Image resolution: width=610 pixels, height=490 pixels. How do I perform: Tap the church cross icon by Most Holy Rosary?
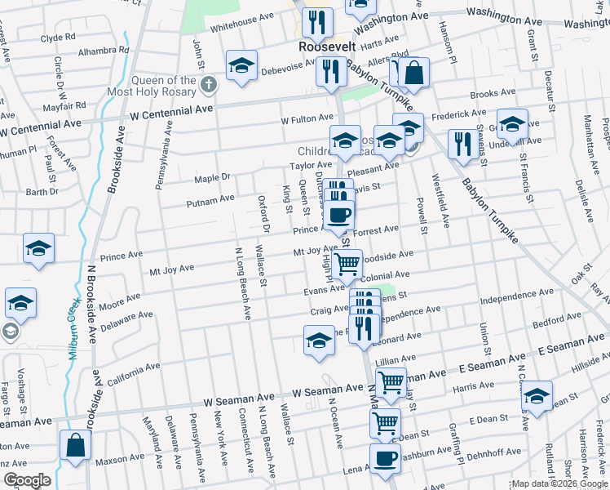point(209,84)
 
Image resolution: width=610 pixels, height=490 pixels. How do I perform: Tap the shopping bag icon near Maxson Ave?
point(75,446)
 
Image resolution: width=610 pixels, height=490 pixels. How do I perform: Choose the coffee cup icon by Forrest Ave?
point(339,215)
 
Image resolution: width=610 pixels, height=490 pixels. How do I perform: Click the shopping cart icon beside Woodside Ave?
point(347,263)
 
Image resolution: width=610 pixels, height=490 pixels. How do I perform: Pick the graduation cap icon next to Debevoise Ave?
point(241,67)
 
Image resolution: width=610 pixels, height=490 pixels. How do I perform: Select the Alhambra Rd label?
point(100,51)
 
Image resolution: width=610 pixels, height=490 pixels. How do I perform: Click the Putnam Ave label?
point(210,198)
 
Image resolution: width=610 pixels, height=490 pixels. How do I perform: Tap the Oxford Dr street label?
point(263,207)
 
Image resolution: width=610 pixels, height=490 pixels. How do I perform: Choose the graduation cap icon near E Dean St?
point(537,397)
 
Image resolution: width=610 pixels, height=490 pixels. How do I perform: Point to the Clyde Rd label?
point(58,38)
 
